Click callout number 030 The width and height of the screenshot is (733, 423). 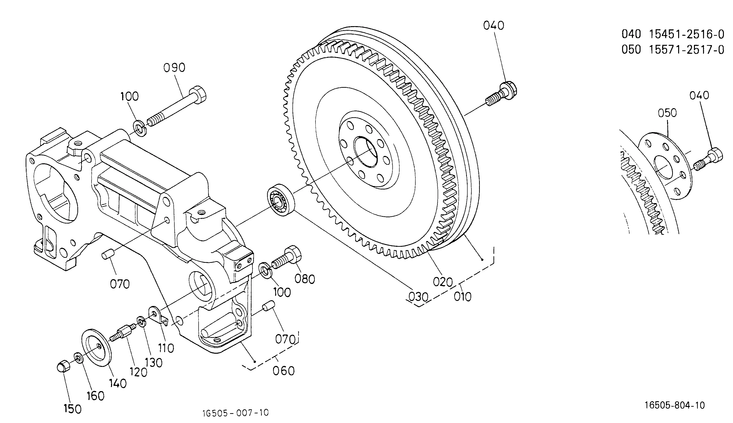click(418, 297)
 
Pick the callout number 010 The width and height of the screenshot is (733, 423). click(463, 297)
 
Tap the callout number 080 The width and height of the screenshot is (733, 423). click(305, 279)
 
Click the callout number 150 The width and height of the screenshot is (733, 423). click(73, 409)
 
